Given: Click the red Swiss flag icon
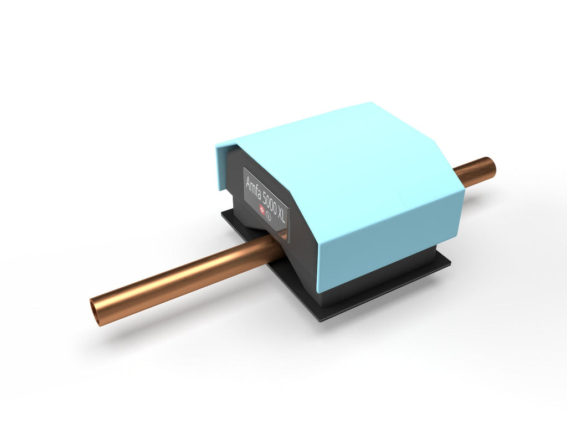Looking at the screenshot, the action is tap(262, 209).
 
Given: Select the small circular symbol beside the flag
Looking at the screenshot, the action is tap(269, 216).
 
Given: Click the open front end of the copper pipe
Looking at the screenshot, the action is tap(96, 312).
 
